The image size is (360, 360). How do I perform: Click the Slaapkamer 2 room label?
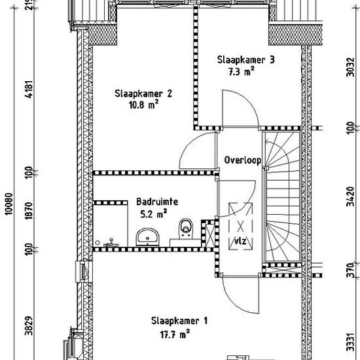click(x=143, y=94)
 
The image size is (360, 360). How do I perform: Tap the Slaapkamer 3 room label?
click(x=246, y=60)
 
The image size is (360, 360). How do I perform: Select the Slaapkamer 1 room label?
click(x=179, y=321)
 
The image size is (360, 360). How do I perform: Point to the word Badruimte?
click(x=157, y=202)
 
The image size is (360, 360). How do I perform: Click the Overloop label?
click(x=243, y=160)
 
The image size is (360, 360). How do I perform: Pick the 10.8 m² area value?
click(x=144, y=105)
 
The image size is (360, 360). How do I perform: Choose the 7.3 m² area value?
click(x=242, y=71)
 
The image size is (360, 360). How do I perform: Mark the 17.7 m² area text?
click(x=175, y=334)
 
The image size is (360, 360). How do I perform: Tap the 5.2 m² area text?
click(x=154, y=214)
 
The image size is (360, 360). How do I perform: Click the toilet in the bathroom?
click(x=186, y=228)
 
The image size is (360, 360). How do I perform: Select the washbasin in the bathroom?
click(x=148, y=237)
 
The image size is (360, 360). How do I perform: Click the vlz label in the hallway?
click(x=240, y=241)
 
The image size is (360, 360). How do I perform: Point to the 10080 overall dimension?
click(x=9, y=204)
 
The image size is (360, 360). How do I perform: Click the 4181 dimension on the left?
click(x=29, y=89)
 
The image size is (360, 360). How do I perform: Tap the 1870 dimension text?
click(x=29, y=211)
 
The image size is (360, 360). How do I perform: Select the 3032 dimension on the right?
click(x=350, y=67)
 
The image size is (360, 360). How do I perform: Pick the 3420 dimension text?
click(x=350, y=196)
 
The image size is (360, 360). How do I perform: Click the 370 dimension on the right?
click(x=350, y=270)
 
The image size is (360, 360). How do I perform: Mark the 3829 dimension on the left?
click(x=29, y=325)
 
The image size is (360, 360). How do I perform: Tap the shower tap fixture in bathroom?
click(x=111, y=243)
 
